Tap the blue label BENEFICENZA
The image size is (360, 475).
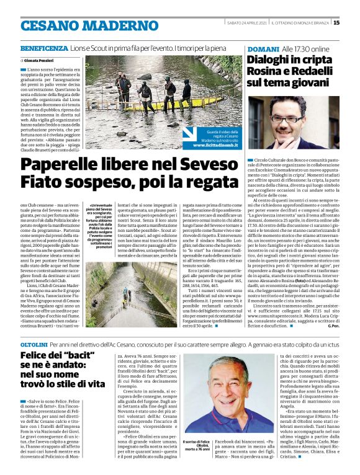pyautogui.click(x=44, y=48)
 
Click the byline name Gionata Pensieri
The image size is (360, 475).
pyautogui.click(x=38, y=60)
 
